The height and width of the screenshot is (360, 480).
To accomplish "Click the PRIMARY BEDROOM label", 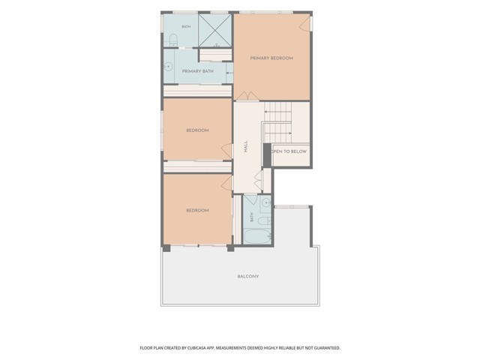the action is point(271,58).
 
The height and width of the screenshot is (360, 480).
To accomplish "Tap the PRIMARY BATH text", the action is point(198,71).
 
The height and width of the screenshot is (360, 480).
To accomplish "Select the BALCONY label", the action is point(248,277).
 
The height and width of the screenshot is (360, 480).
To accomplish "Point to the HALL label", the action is point(246,147).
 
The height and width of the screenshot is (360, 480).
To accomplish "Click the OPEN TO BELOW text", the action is point(290,151).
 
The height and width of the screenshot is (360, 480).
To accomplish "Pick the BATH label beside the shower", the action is point(186,27).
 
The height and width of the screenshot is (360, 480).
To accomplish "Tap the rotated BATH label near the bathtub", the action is point(252,217).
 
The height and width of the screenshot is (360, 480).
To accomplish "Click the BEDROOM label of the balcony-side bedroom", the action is point(197,211).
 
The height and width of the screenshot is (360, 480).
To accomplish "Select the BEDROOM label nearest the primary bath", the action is point(197,130).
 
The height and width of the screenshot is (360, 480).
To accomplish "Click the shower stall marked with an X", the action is point(215,31).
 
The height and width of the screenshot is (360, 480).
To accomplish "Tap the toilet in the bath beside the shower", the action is point(173,40).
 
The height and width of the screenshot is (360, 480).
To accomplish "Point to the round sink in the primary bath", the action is point(168,66).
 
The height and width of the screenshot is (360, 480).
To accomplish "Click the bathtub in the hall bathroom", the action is point(257,237).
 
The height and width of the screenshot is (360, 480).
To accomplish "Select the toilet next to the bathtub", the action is point(264,220).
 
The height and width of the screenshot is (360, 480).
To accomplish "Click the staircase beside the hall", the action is point(277,122).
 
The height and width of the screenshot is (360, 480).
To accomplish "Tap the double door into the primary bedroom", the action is point(247,96).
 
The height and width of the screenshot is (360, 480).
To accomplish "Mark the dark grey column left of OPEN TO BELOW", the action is point(267,155).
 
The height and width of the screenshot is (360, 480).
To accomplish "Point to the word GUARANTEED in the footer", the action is point(328,348).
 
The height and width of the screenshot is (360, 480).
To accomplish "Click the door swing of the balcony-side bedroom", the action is point(226,183).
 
